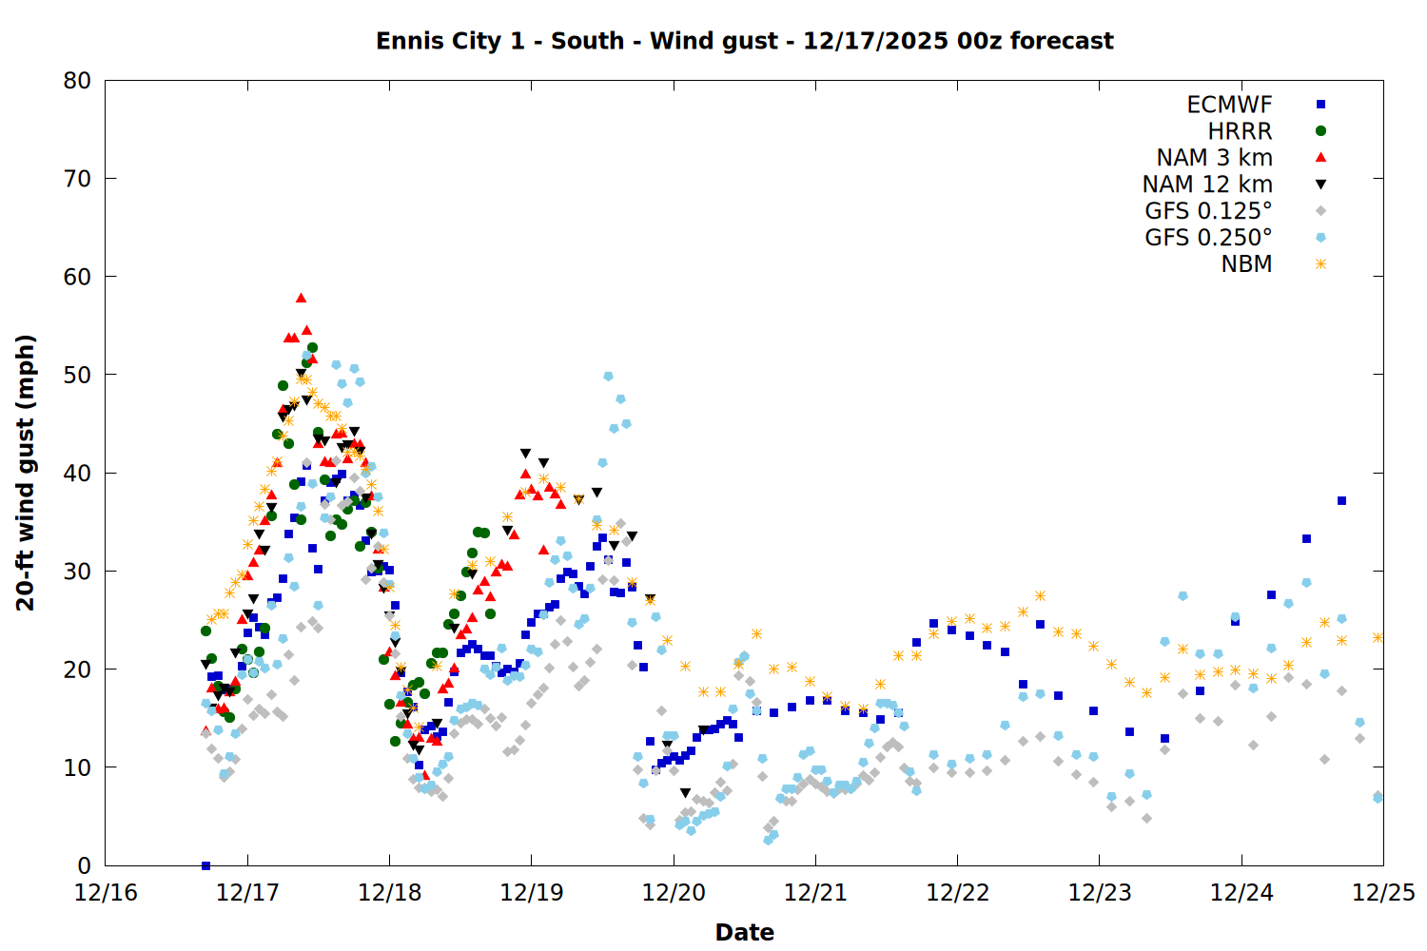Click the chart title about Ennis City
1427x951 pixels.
744,41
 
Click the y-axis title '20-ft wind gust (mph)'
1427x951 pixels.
26,473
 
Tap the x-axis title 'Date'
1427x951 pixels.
744,932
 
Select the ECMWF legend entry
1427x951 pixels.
1229,105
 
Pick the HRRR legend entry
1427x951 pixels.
1240,131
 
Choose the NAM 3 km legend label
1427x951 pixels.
1214,158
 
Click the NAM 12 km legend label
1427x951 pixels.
1207,184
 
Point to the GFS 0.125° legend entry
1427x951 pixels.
1208,211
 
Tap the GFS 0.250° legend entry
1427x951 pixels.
1208,238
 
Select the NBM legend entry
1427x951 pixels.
1246,264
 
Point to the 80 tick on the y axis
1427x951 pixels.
77,81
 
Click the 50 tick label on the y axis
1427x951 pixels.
77,375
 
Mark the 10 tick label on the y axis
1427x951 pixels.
77,767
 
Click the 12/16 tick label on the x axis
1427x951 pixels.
106,893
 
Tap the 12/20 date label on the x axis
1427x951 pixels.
674,893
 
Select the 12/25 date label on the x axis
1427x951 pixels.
1383,893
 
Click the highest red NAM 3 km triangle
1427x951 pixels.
301,298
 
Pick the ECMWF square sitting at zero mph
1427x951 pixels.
205,865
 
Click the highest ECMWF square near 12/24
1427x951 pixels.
1341,500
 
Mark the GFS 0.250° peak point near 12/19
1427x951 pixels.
608,377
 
